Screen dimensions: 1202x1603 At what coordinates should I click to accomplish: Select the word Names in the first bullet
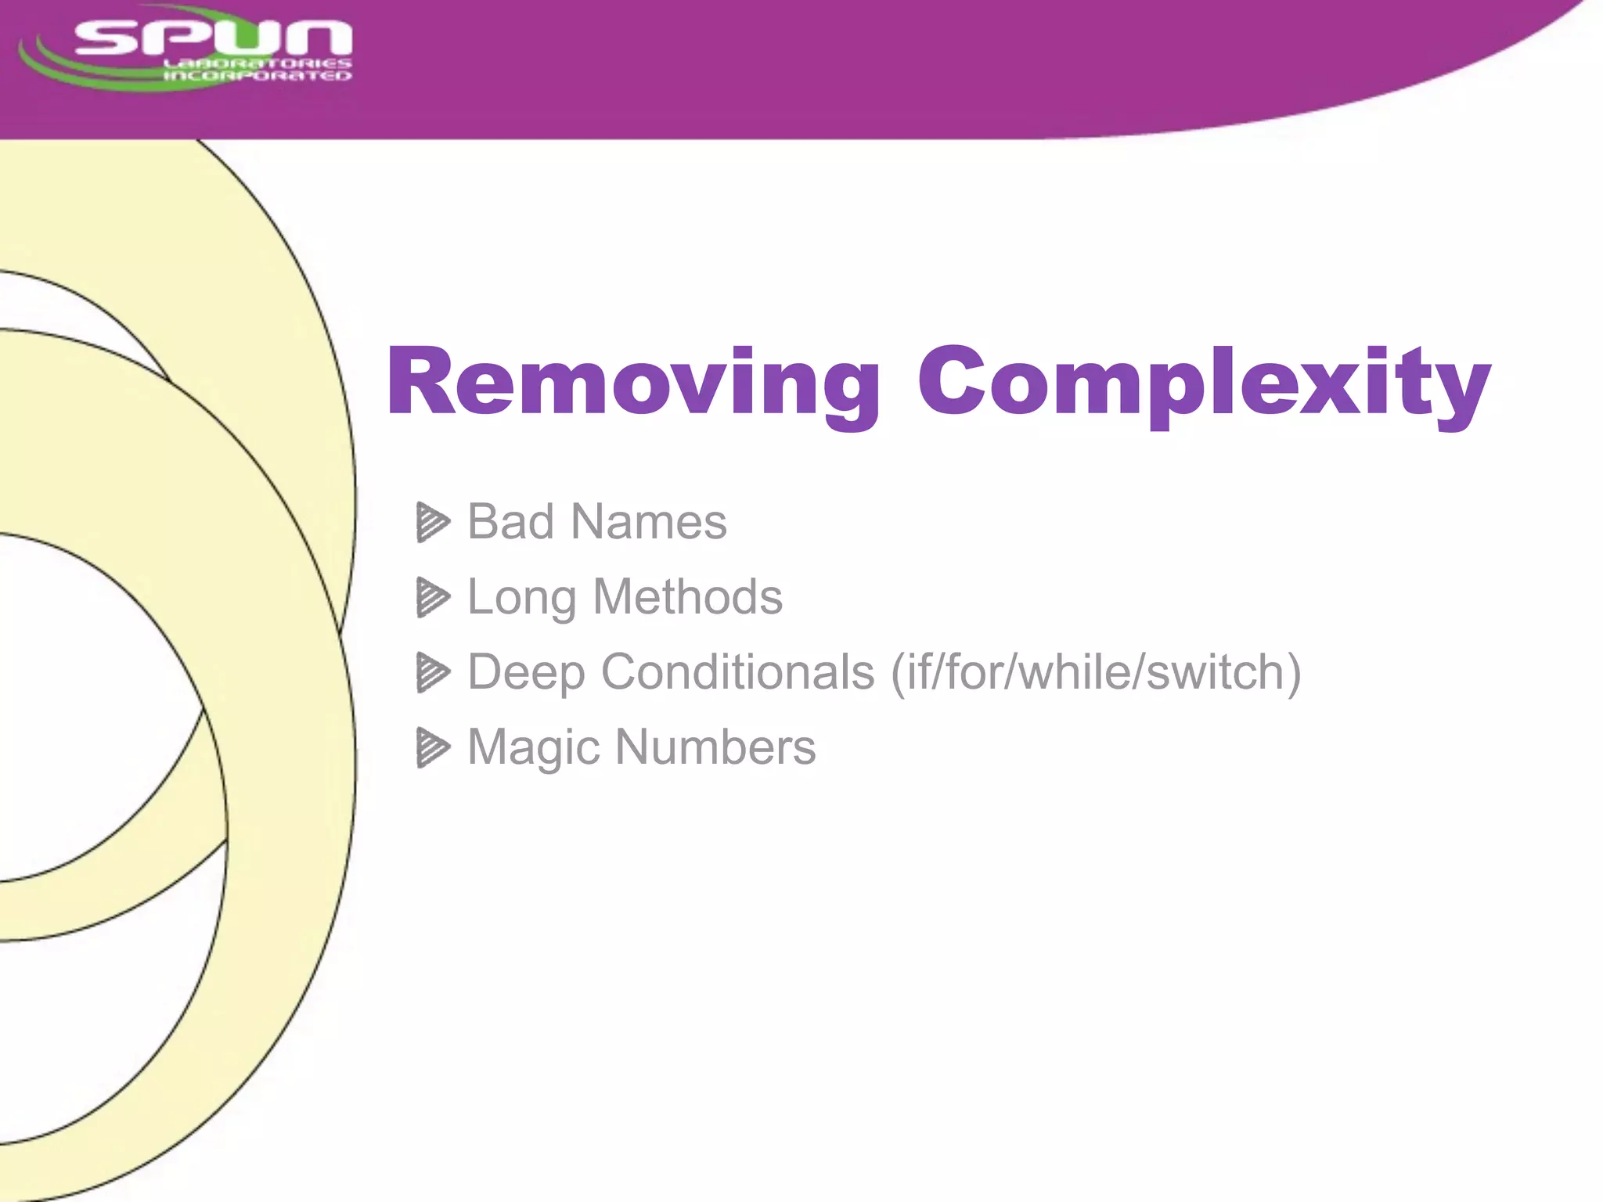pos(649,522)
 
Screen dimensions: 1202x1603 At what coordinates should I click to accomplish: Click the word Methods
pos(687,597)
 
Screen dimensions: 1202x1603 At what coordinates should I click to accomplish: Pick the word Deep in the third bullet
pos(525,673)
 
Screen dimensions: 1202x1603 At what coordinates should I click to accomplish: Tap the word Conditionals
pos(737,671)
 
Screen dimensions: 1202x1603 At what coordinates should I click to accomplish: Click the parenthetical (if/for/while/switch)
pos(1096,672)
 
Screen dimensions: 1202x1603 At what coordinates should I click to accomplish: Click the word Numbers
pos(715,747)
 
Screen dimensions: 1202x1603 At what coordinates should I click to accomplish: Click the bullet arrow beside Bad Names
pos(433,522)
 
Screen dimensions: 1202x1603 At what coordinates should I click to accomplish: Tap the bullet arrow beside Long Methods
pos(433,597)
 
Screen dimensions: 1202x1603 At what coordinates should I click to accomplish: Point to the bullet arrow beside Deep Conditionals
pos(433,672)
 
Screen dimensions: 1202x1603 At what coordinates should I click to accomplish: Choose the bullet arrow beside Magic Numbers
pos(433,747)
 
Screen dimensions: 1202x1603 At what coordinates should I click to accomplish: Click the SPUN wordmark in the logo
pos(213,37)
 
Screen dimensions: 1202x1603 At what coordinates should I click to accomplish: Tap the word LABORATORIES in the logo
pos(257,63)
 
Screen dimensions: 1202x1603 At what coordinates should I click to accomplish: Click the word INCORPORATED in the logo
pos(257,76)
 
